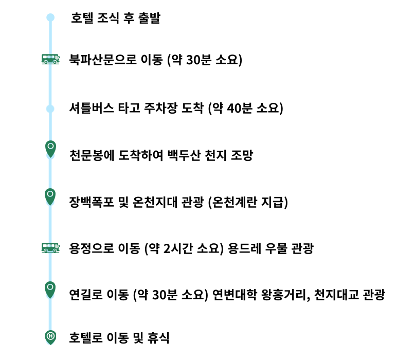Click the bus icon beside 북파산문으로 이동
point(50,59)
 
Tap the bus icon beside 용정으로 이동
point(50,248)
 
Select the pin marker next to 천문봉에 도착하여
point(50,149)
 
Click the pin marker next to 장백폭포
point(50,197)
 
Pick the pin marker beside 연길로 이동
point(50,290)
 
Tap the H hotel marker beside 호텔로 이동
point(50,337)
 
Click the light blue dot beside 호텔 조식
point(50,17)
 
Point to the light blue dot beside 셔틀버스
point(50,109)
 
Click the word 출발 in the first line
point(149,18)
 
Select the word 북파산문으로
point(103,60)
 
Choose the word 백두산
point(184,155)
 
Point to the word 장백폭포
point(92,202)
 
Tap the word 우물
point(276,248)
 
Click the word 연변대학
point(234,295)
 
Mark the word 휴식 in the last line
point(158,338)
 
